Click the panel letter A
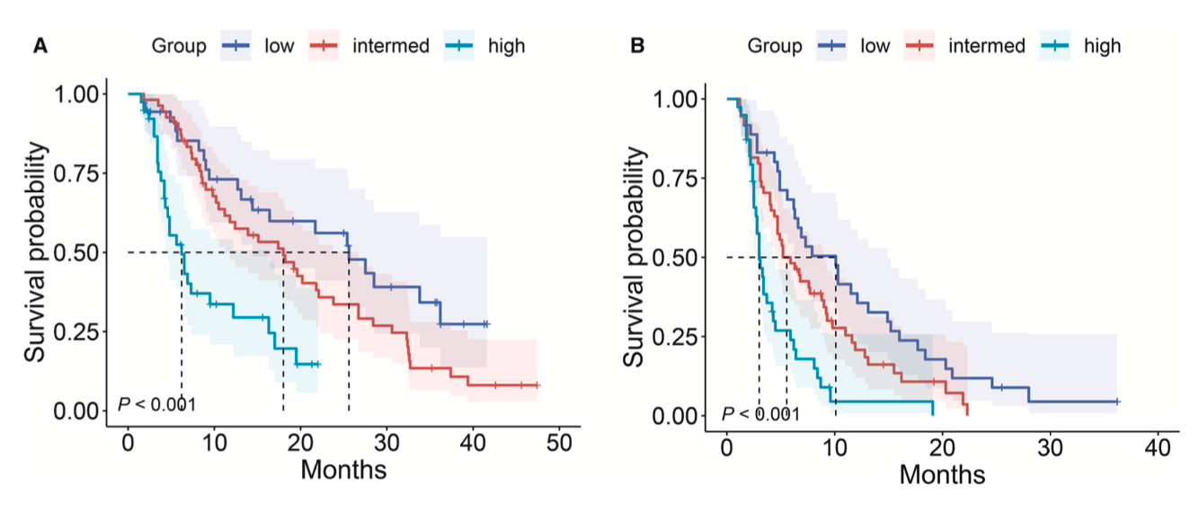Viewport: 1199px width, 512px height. pyautogui.click(x=40, y=45)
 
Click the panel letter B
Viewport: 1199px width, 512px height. pyautogui.click(x=637, y=45)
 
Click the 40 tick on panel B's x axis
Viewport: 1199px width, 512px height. pyautogui.click(x=1158, y=447)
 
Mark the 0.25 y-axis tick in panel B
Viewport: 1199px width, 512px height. pyautogui.click(x=683, y=337)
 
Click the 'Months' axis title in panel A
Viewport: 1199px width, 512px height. pyautogui.click(x=343, y=469)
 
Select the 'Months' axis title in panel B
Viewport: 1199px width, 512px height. pyautogui.click(x=942, y=472)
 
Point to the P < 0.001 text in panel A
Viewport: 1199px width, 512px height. pyautogui.click(x=157, y=404)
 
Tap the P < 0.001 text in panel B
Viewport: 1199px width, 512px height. pyautogui.click(x=760, y=414)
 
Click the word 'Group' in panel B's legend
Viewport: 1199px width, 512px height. pyautogui.click(x=776, y=45)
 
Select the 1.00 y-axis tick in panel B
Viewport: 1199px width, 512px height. pyautogui.click(x=683, y=98)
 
